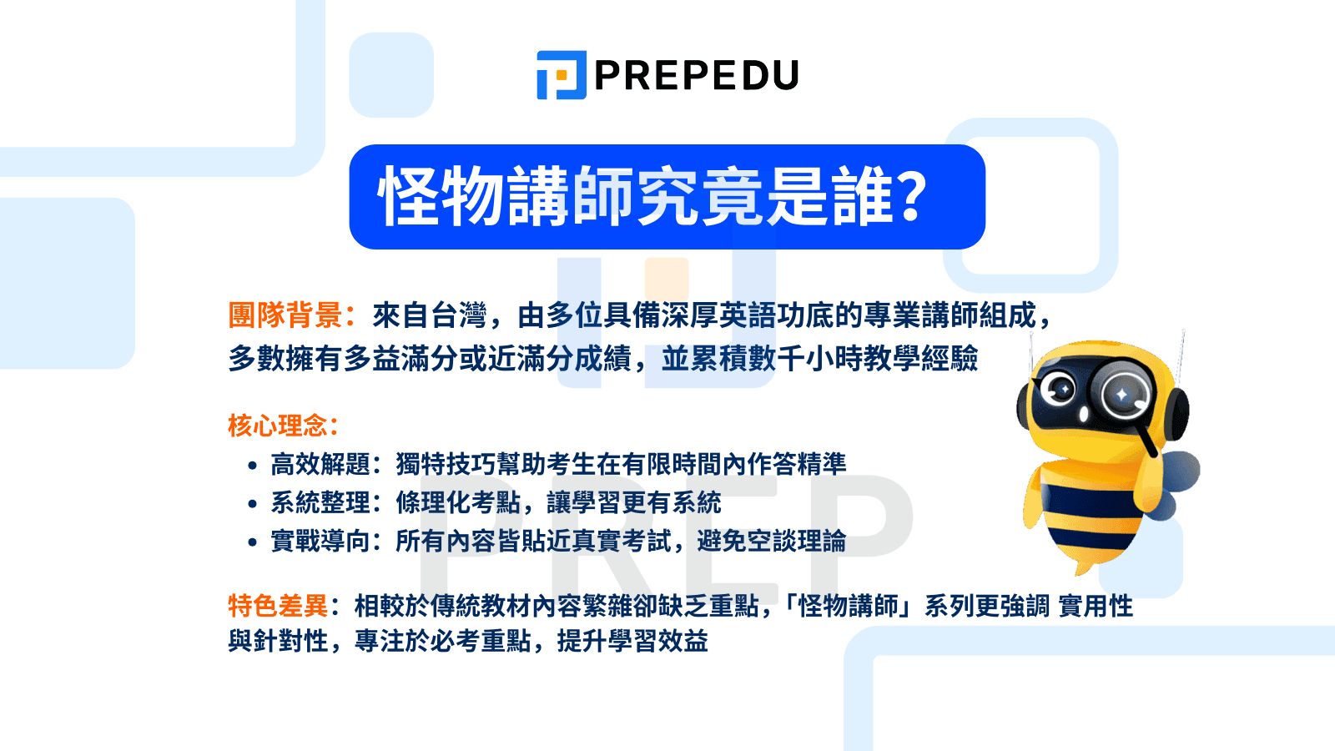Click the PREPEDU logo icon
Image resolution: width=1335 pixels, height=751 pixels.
(561, 75)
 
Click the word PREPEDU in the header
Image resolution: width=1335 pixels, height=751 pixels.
(696, 76)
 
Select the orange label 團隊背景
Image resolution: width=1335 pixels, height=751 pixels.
(285, 315)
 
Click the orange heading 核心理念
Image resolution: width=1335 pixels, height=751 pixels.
(277, 426)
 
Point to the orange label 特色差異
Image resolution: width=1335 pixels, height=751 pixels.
(277, 606)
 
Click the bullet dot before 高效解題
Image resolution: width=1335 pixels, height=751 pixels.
(253, 466)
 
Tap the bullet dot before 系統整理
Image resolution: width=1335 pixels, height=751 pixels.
(253, 504)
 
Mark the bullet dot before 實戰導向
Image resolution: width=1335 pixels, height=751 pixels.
(253, 542)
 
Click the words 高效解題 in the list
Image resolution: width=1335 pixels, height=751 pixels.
(320, 464)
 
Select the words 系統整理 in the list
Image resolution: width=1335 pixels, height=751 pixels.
(320, 502)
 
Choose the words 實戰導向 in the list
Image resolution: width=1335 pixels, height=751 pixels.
(320, 541)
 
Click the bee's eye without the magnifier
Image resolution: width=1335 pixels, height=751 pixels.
(1062, 389)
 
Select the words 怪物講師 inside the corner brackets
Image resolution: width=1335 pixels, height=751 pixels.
(848, 606)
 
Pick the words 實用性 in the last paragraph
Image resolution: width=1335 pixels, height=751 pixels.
(1096, 606)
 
